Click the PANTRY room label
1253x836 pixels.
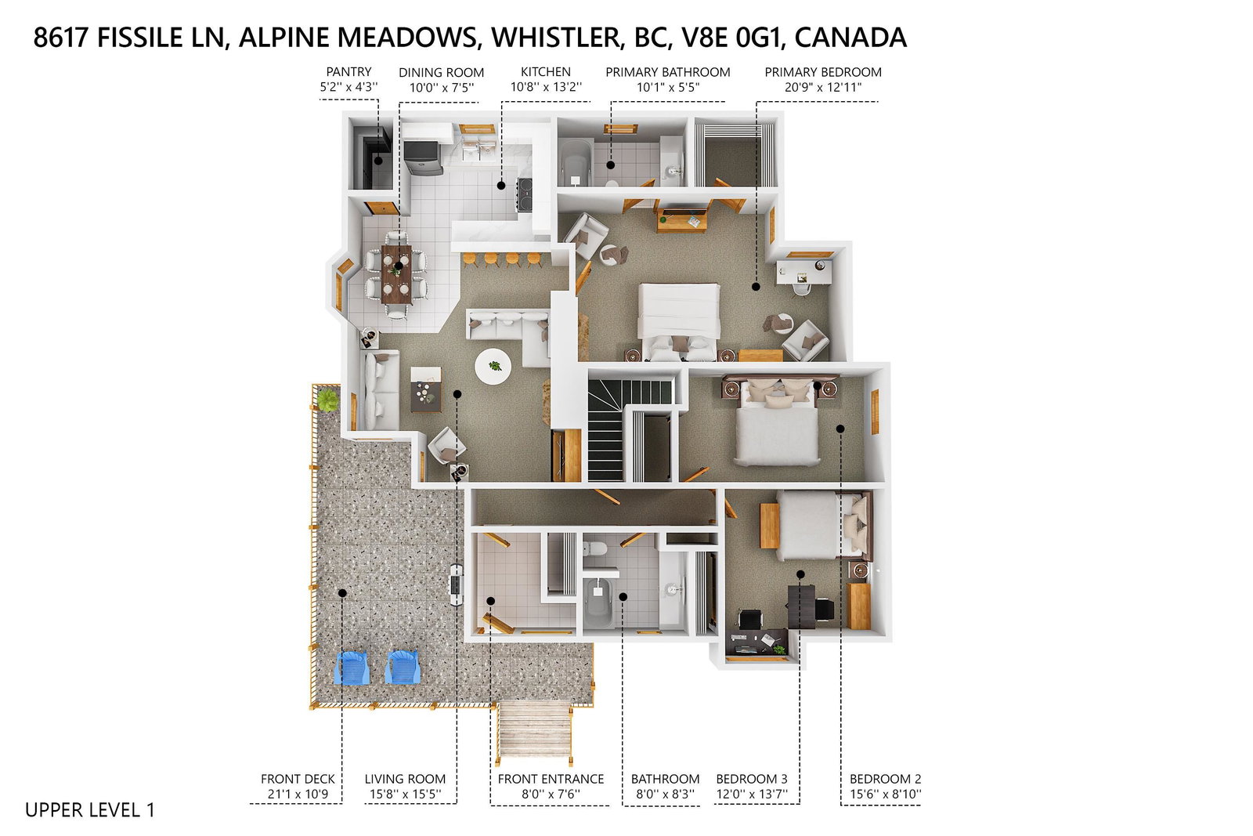(x=348, y=71)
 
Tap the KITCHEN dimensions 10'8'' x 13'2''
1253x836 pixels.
(x=546, y=87)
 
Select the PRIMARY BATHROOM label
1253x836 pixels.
(x=668, y=72)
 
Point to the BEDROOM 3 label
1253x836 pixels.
(x=752, y=779)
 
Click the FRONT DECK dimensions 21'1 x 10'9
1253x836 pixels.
(x=298, y=794)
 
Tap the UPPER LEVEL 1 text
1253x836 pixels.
(x=90, y=809)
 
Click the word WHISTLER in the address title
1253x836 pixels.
(x=556, y=38)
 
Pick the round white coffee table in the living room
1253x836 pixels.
(x=493, y=366)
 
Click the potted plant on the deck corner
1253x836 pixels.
(x=327, y=400)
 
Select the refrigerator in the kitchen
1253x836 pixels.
(x=423, y=158)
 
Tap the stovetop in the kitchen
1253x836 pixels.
(x=525, y=194)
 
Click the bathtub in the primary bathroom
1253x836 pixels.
(x=576, y=161)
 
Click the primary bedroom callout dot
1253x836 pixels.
(x=756, y=287)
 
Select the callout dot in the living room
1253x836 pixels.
(x=457, y=395)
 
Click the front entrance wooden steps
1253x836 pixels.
(x=535, y=731)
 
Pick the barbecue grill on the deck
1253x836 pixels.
(x=457, y=584)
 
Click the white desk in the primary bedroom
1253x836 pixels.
(x=803, y=272)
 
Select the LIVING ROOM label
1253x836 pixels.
(x=405, y=779)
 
